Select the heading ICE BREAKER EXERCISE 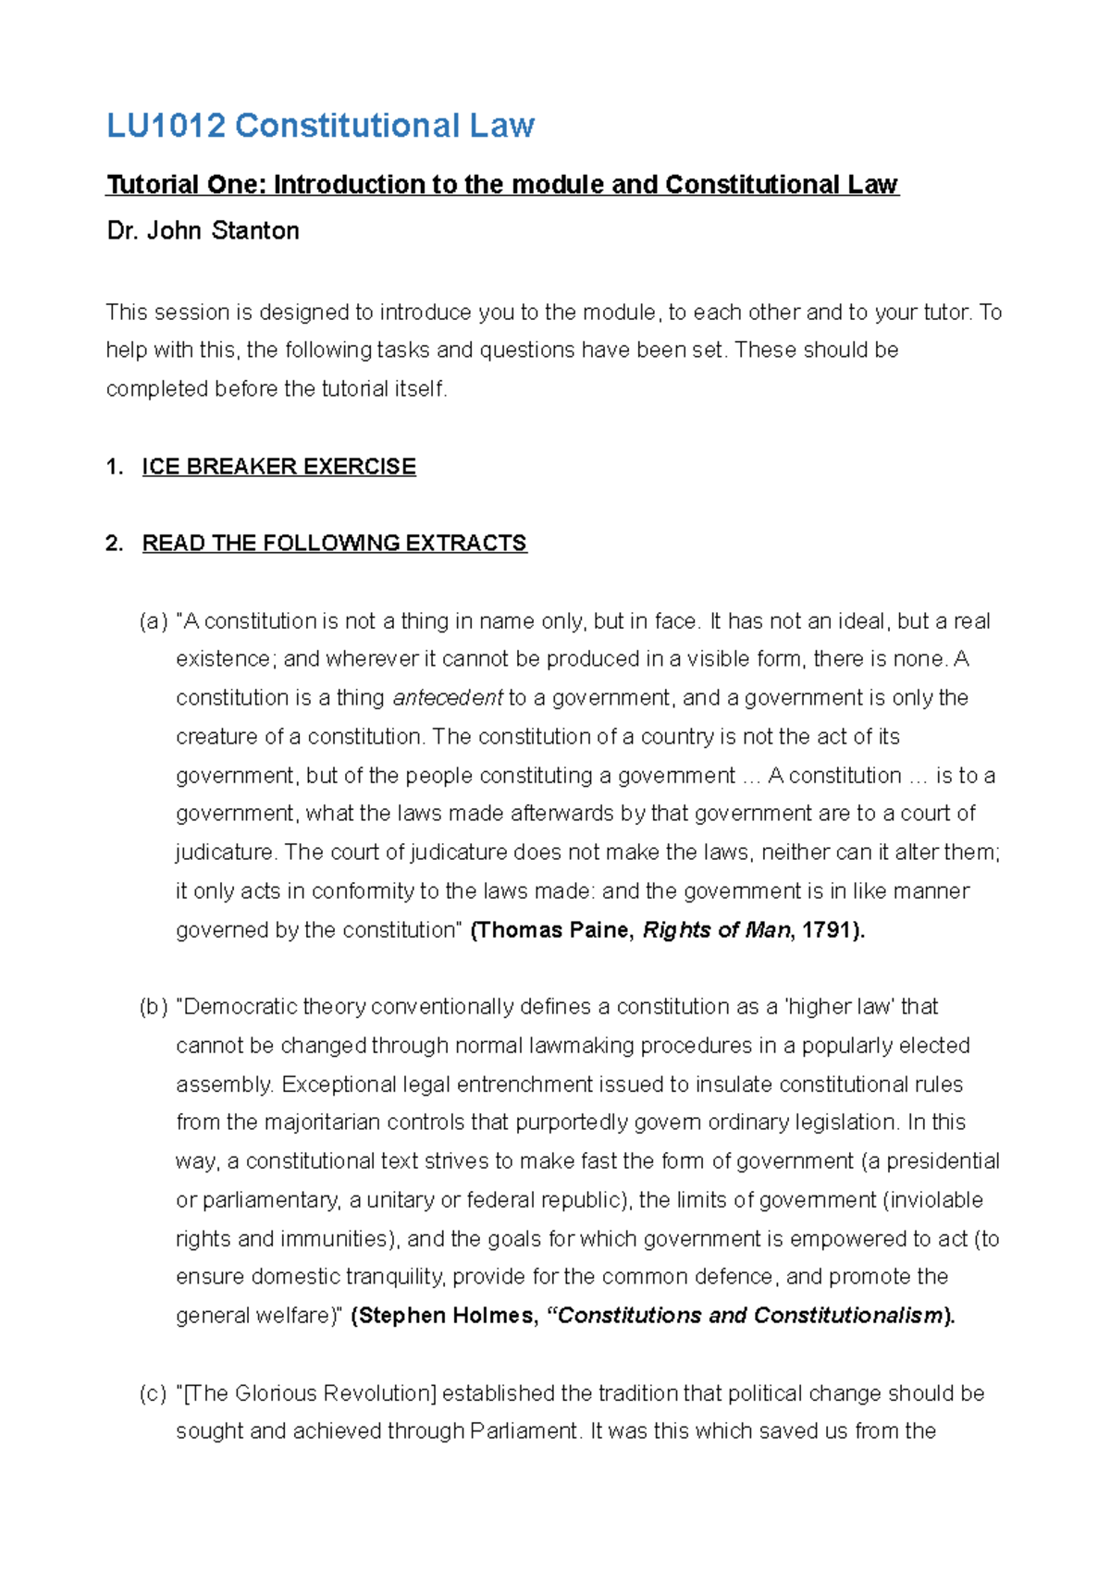(x=278, y=467)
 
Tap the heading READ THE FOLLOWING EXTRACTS (x=334, y=544)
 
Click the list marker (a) (x=154, y=621)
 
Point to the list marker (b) (x=154, y=1007)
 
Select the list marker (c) (x=154, y=1393)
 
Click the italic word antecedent (x=448, y=698)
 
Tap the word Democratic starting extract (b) (x=239, y=1007)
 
